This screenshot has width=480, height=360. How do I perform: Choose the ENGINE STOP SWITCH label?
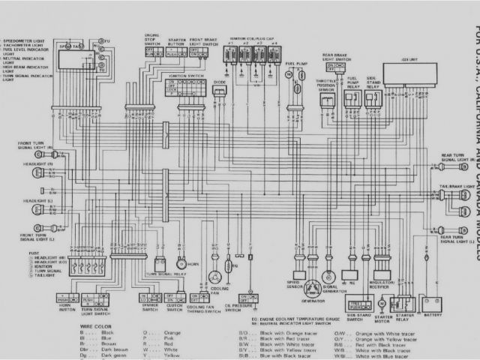click(152, 40)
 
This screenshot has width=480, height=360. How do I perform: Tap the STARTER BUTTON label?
click(177, 40)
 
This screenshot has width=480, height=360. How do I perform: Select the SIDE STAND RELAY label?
click(374, 81)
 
